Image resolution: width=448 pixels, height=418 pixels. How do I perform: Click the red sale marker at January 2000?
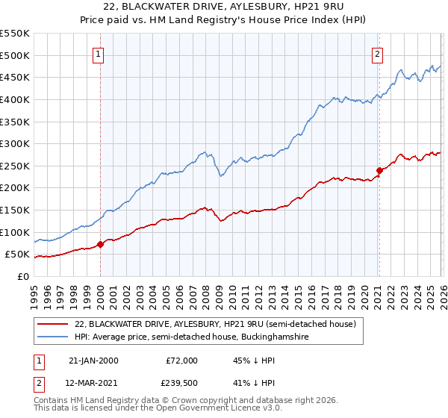(x=100, y=244)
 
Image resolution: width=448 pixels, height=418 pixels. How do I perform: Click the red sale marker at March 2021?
(x=379, y=170)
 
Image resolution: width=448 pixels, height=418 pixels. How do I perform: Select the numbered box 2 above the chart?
(x=378, y=54)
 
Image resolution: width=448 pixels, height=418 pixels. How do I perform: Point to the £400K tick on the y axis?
(x=16, y=99)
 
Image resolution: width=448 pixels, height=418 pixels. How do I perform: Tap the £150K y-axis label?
(x=16, y=210)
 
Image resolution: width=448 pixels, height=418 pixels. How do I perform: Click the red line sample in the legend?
(x=53, y=325)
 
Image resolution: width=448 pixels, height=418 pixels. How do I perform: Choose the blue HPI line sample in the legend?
(x=53, y=337)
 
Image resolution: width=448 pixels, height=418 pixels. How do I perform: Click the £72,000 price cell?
(x=182, y=361)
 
